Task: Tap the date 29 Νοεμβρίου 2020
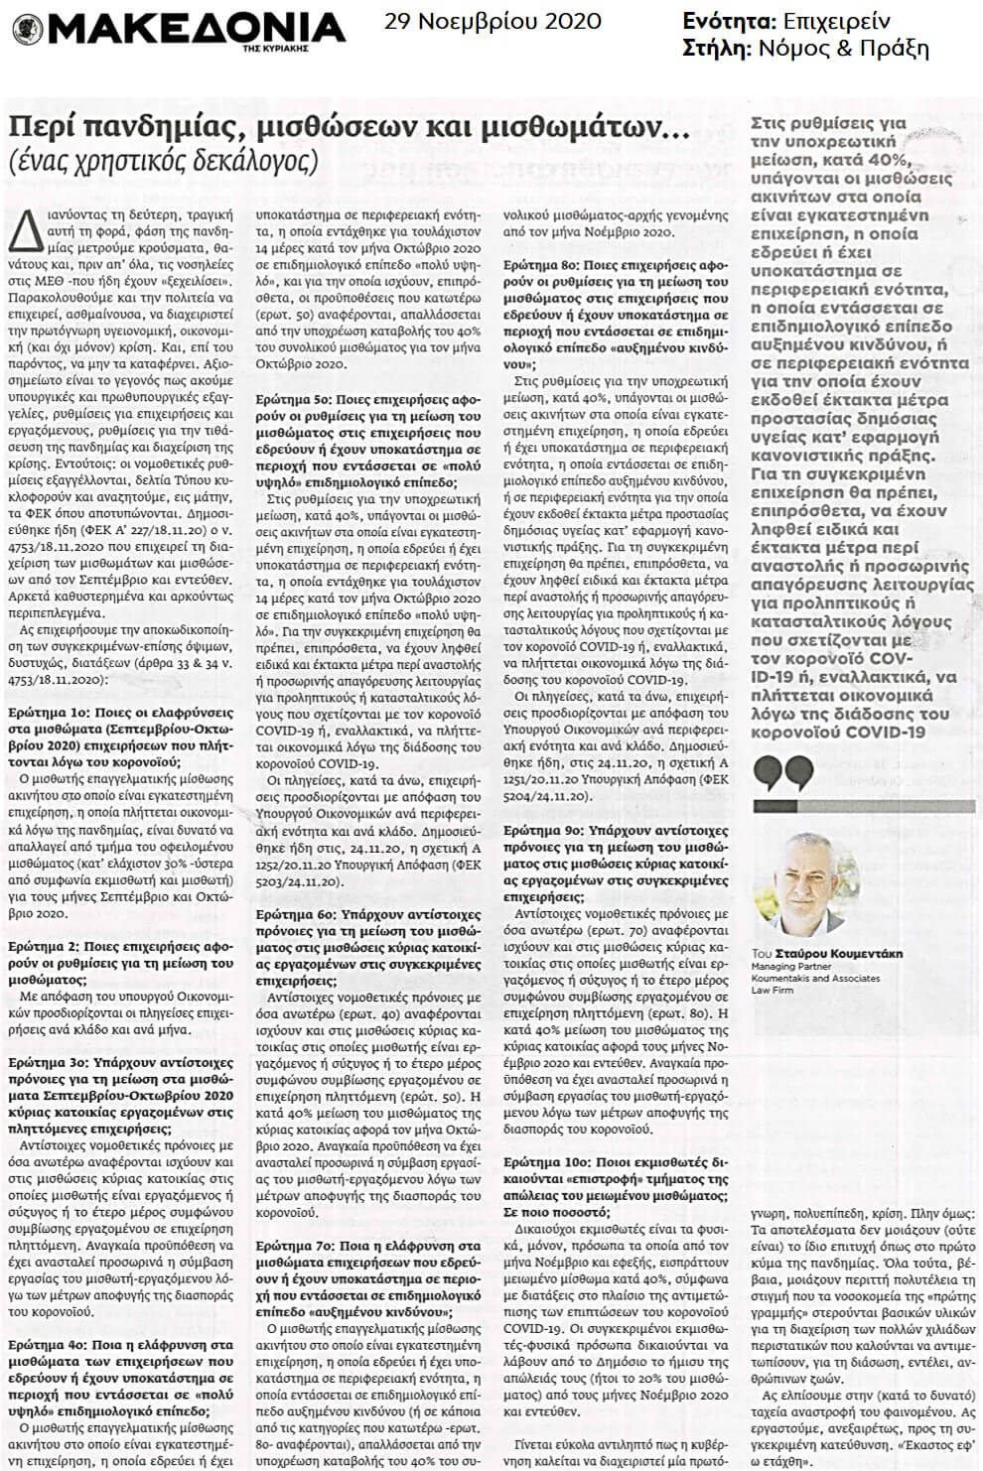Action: pos(494,21)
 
